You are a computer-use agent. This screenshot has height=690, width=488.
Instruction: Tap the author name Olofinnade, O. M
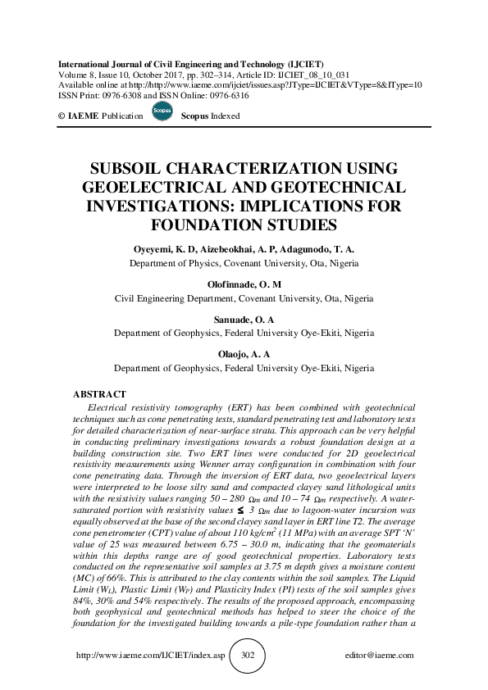244,284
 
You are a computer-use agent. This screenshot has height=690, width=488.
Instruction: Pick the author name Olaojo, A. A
244,356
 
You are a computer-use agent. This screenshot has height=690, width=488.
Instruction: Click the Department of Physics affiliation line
244,263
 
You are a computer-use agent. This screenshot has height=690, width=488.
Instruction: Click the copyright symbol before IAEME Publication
62,116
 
